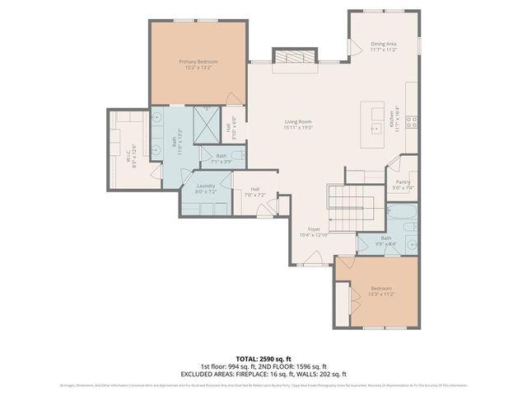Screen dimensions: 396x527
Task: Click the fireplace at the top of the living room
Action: click(292, 57)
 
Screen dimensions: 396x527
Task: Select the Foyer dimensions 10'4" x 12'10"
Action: click(314, 234)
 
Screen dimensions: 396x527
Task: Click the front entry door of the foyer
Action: click(312, 259)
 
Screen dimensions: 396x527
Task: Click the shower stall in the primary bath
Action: click(206, 124)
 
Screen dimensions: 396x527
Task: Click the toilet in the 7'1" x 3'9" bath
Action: click(237, 155)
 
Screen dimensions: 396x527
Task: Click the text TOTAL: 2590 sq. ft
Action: click(263, 358)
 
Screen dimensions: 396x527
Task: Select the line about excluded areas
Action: click(263, 374)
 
